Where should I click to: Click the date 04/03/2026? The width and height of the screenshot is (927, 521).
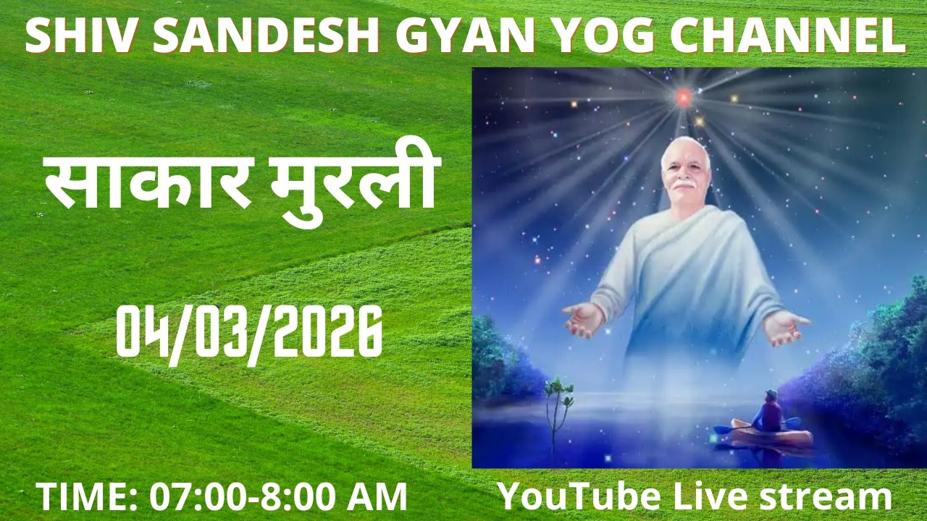pyautogui.click(x=250, y=331)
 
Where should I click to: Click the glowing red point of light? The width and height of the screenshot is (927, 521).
pyautogui.click(x=683, y=96)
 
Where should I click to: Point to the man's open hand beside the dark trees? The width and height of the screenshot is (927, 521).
pyautogui.click(x=785, y=327)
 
